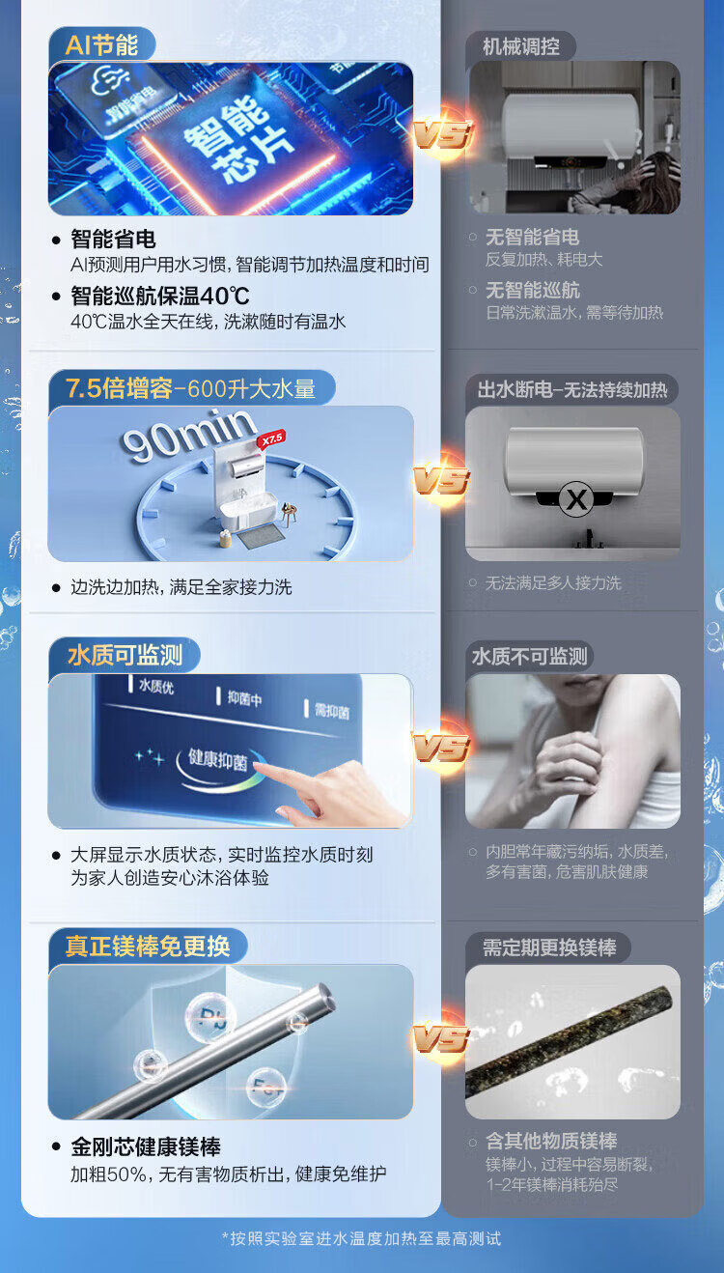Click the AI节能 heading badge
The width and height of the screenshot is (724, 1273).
(x=101, y=44)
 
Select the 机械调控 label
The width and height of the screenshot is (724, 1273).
(x=521, y=45)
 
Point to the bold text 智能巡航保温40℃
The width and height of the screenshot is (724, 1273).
(x=160, y=296)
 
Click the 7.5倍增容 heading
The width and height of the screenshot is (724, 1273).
(x=119, y=388)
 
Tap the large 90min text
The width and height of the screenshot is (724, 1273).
(x=188, y=434)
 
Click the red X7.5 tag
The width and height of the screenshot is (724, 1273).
(x=270, y=438)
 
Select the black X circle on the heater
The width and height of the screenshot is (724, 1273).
(x=576, y=499)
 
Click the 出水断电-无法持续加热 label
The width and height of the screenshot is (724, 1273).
(x=572, y=389)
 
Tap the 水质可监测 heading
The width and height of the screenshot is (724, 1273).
(x=125, y=656)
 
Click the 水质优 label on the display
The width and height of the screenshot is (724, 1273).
(x=156, y=688)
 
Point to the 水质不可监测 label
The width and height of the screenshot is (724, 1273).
(x=530, y=657)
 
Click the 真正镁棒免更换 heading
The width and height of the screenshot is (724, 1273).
(x=148, y=946)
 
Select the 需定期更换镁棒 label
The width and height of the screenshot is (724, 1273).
(x=549, y=948)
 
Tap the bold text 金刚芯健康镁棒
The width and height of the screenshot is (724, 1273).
(x=146, y=1146)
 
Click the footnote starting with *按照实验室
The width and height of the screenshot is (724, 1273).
(x=362, y=1238)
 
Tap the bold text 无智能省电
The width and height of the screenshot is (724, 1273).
(x=532, y=238)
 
